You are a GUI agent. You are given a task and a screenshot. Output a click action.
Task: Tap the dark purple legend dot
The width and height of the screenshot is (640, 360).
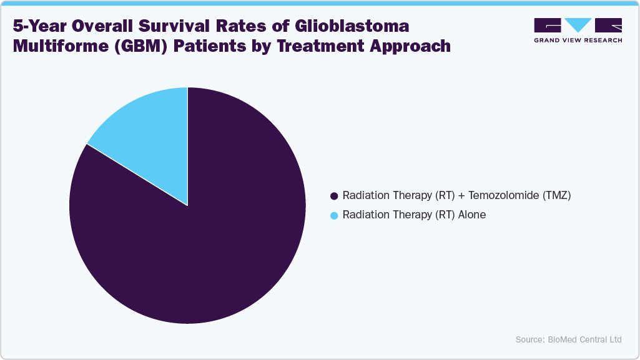pyautogui.click(x=334, y=196)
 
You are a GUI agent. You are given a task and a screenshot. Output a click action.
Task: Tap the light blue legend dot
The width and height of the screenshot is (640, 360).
pyautogui.click(x=334, y=215)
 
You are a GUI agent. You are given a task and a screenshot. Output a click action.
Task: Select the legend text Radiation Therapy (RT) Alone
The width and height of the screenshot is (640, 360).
pyautogui.click(x=414, y=215)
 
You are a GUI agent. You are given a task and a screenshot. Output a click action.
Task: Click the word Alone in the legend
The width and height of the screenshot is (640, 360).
pyautogui.click(x=471, y=215)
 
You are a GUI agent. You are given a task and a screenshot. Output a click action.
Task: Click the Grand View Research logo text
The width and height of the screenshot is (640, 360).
pyautogui.click(x=578, y=40)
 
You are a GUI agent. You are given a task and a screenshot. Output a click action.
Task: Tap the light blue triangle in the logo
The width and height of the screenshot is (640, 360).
pyautogui.click(x=578, y=25)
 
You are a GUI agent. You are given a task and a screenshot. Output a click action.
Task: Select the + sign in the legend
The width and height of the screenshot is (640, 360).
pyautogui.click(x=461, y=196)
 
